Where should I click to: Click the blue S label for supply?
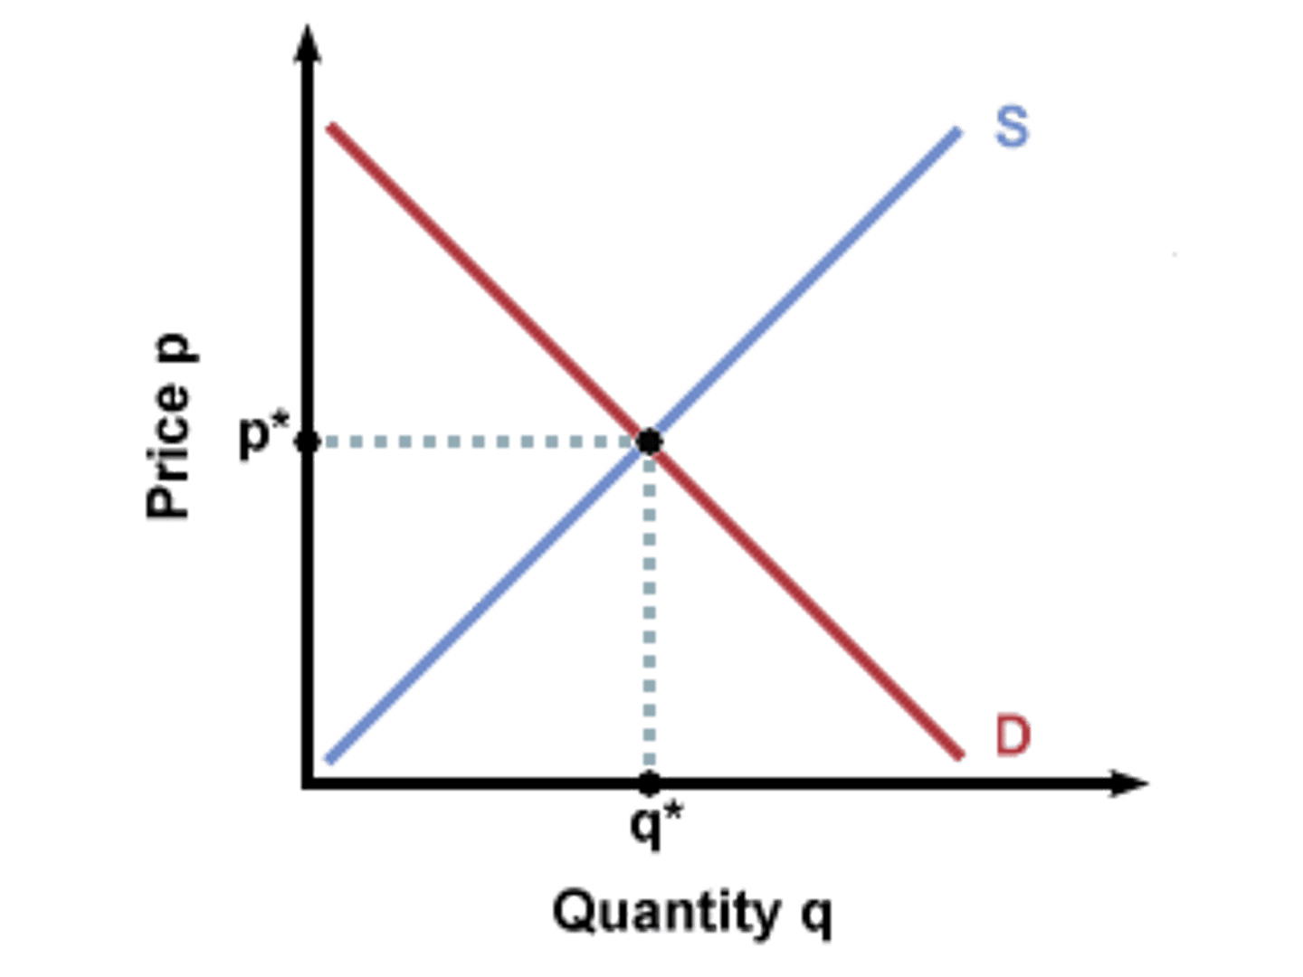point(1011,128)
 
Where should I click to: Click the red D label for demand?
point(1013,735)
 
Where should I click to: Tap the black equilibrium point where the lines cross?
point(649,441)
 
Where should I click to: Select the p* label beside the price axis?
point(256,441)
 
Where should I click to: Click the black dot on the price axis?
point(308,441)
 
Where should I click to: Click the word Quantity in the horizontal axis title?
point(665,912)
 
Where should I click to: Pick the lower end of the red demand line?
point(961,754)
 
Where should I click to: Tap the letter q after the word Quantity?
point(814,916)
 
